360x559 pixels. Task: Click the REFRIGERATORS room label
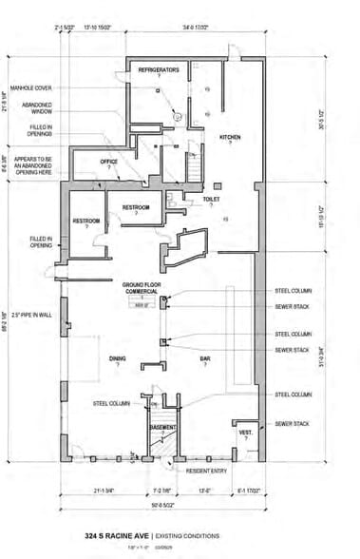160,71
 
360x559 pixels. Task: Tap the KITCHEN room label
232,137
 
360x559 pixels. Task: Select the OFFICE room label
109,162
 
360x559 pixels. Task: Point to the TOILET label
211,199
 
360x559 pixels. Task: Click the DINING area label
118,358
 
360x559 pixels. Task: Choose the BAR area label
204,358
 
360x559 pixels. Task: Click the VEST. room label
243,433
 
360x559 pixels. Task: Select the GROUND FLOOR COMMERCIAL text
139,288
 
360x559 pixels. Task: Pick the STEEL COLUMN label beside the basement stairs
111,403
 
